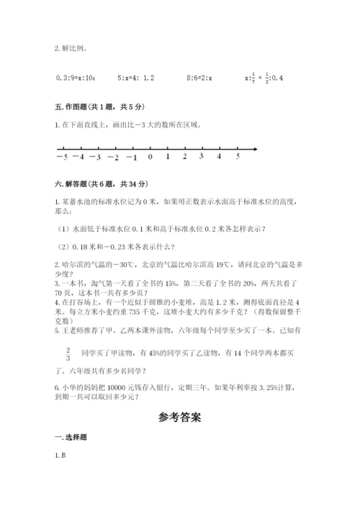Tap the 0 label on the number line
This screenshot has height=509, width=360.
point(150,157)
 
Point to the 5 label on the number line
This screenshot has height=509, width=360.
point(238,156)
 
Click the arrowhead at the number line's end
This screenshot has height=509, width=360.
point(255,149)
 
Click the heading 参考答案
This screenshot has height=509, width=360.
point(179,417)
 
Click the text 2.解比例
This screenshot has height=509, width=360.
point(71,49)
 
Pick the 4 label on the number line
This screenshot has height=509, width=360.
point(220,156)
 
